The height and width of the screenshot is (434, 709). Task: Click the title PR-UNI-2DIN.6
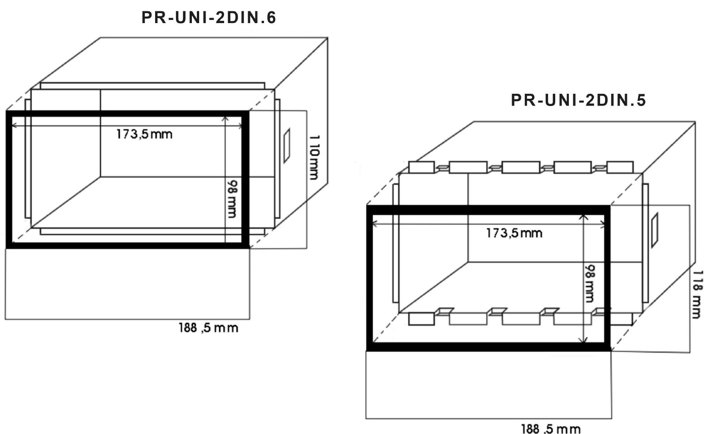[x=209, y=18]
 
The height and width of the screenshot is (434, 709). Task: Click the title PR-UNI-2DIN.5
[x=578, y=100]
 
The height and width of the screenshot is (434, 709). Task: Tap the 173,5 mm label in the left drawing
[x=144, y=134]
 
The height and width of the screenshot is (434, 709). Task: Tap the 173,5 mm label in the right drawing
[x=514, y=233]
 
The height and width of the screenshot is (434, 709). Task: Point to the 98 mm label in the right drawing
[x=589, y=283]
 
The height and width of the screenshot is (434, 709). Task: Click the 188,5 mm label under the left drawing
[x=208, y=328]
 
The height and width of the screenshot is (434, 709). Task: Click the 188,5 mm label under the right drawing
[x=551, y=428]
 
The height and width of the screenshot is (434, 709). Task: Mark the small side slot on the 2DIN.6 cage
[x=287, y=145]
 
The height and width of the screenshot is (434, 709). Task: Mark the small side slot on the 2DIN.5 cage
[x=655, y=231]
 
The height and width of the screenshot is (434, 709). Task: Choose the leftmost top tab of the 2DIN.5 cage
[x=421, y=167]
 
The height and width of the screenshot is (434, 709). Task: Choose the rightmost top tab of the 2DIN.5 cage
[x=620, y=167]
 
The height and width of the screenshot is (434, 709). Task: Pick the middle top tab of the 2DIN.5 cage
[x=521, y=167]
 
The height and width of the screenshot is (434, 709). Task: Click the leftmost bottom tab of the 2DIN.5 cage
[x=421, y=319]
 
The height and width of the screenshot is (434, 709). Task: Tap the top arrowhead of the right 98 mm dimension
[x=584, y=218]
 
